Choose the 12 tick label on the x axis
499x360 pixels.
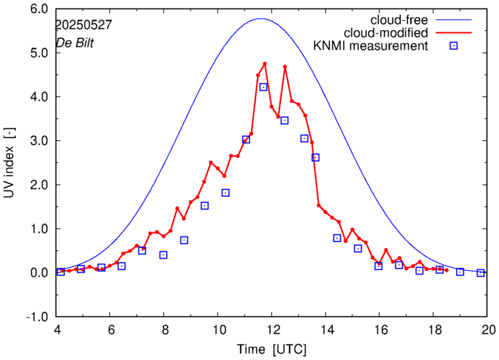tap(272, 330)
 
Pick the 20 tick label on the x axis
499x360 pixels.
tap(488, 330)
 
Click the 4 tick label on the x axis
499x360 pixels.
tap(55, 330)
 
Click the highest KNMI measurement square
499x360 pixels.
tap(263, 87)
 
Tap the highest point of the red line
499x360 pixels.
tap(265, 64)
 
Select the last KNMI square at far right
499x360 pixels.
tap(481, 273)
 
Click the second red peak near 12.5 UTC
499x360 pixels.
tap(285, 67)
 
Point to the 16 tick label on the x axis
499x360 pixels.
tap(380, 330)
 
